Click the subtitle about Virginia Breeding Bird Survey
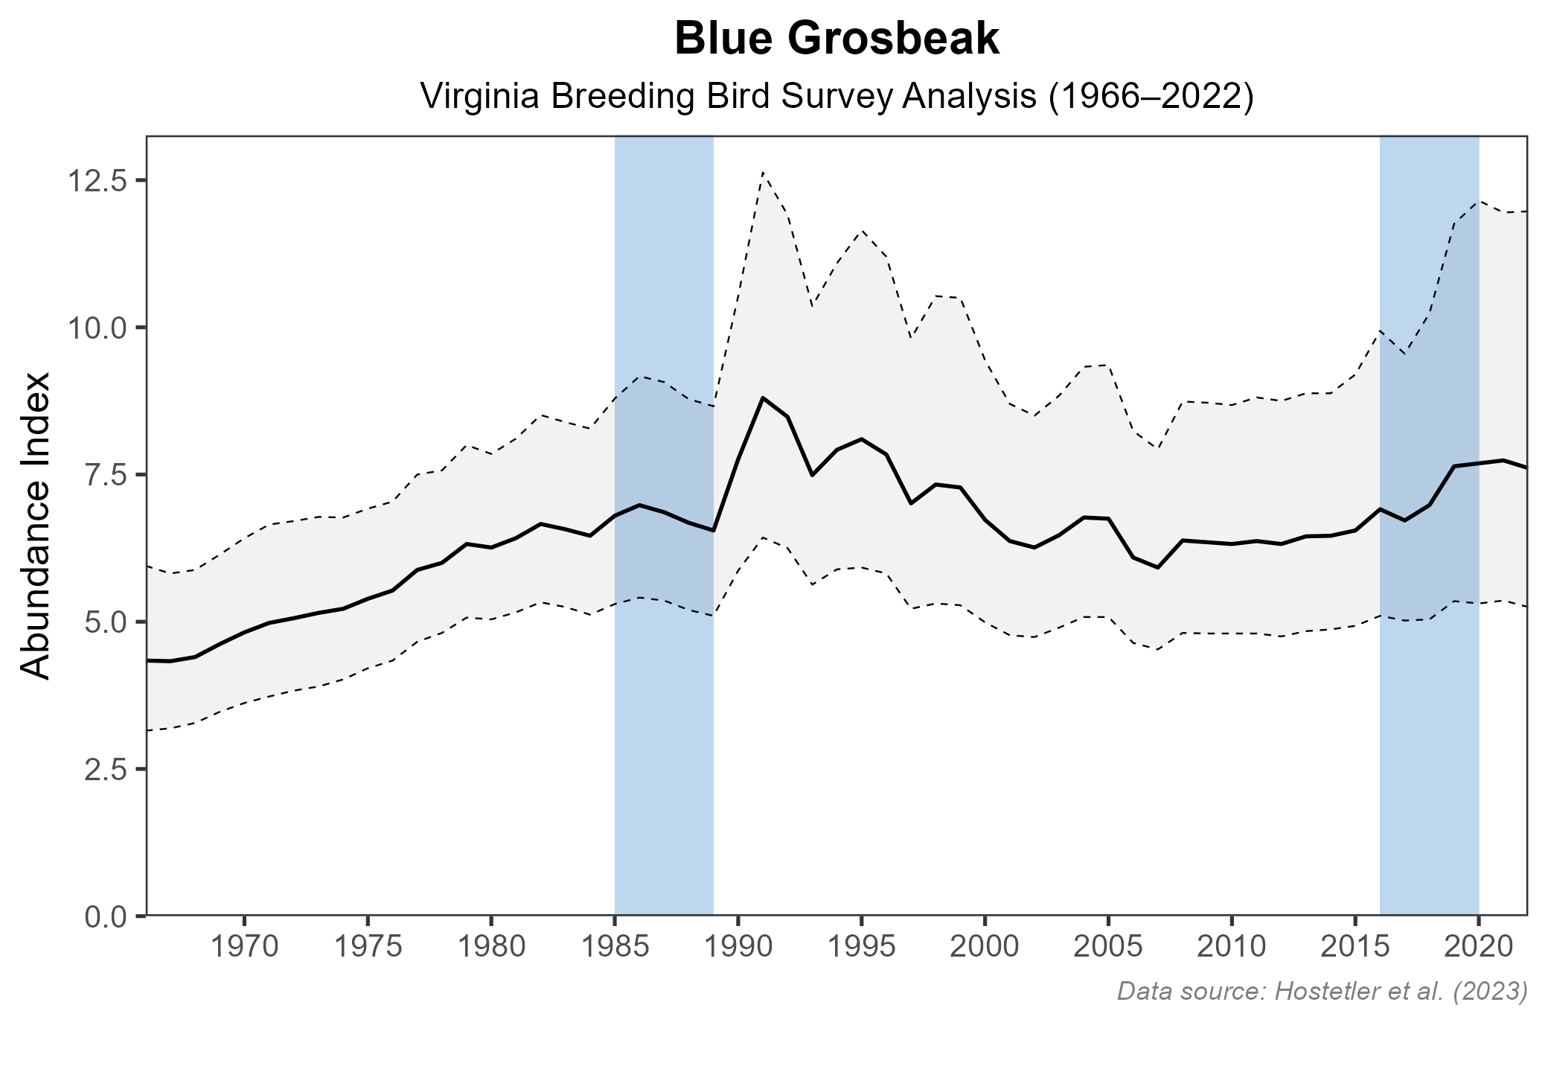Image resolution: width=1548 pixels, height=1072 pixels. click(837, 97)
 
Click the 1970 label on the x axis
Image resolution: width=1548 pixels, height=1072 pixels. click(243, 947)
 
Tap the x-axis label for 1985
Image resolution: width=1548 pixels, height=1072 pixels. click(614, 947)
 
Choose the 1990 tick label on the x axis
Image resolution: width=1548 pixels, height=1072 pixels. click(738, 947)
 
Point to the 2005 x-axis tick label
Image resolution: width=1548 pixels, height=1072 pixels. click(1108, 947)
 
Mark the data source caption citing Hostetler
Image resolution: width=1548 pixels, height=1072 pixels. click(1322, 991)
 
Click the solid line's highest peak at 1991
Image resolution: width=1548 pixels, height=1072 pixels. click(763, 398)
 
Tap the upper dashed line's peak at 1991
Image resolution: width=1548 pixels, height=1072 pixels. click(763, 173)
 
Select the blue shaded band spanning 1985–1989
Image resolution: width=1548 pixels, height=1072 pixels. click(664, 744)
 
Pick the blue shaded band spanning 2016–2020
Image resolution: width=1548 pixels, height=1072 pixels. click(1429, 744)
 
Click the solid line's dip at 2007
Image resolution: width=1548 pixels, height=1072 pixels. click(1158, 567)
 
